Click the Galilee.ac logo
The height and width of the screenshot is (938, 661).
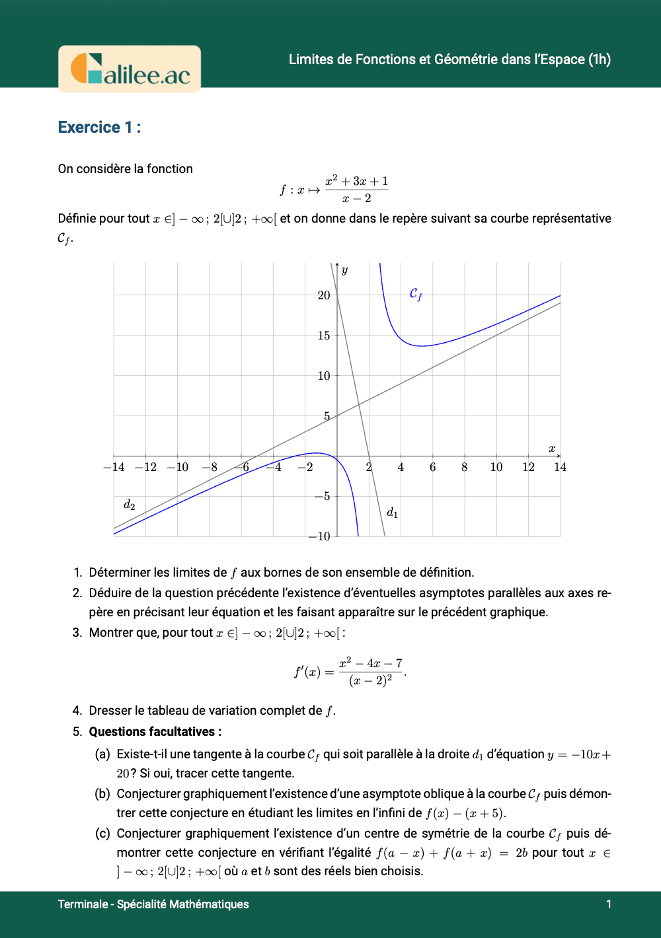[x=130, y=69]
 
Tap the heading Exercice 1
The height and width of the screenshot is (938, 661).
[x=99, y=127]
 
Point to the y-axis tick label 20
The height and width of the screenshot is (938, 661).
[x=323, y=295]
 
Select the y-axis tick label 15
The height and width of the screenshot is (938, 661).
[x=323, y=336]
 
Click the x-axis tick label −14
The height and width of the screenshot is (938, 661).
[x=114, y=468]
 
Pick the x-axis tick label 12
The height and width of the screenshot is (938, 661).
[x=528, y=468]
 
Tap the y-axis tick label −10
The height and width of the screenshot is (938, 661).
[x=320, y=536]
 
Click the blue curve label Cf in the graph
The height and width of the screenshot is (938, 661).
[x=416, y=294]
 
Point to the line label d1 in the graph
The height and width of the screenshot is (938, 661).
[x=392, y=513]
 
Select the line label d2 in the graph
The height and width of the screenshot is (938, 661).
[x=130, y=505]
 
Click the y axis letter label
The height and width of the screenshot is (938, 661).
[x=344, y=270]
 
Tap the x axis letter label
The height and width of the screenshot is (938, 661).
[x=552, y=449]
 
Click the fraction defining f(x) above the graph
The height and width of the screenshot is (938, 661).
[x=356, y=190]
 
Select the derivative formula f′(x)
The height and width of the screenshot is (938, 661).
[x=350, y=672]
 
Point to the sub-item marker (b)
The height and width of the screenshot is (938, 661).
[x=102, y=794]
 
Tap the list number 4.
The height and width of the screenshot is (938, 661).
[x=77, y=711]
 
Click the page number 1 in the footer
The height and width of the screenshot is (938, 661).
[x=609, y=904]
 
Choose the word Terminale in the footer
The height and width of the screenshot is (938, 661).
[x=82, y=904]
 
